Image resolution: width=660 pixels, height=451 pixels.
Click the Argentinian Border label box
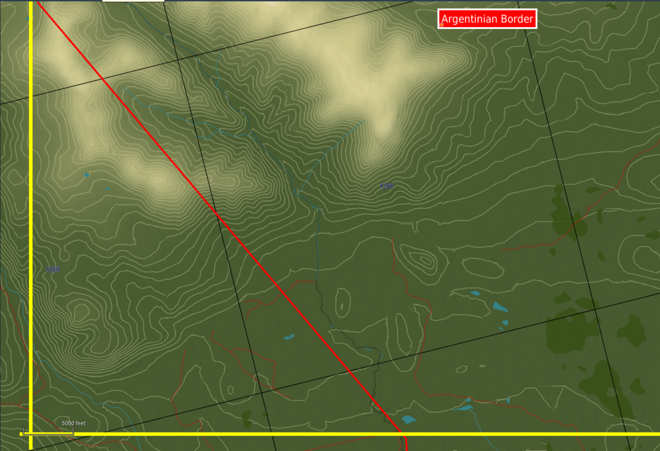pyautogui.click(x=487, y=19)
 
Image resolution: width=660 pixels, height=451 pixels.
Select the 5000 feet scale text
pyautogui.click(x=73, y=423)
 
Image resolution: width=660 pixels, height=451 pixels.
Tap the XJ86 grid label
pyautogui.click(x=53, y=269)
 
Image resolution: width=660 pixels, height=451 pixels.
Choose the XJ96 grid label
pyautogui.click(x=387, y=186)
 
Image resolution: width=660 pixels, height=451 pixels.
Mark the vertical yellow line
pyautogui.click(x=30, y=198)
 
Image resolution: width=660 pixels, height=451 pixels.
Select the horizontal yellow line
pyautogui.click(x=330, y=434)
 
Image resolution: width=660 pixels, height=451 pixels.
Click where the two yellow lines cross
pyautogui.click(x=30, y=434)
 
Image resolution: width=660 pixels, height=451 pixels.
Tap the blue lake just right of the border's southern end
pyautogui.click(x=409, y=419)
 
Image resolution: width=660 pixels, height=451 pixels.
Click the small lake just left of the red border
pyautogui.click(x=288, y=337)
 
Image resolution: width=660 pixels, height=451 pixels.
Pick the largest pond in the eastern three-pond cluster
pyautogui.click(x=500, y=307)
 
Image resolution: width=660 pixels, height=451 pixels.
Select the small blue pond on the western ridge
pyautogui.click(x=86, y=175)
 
